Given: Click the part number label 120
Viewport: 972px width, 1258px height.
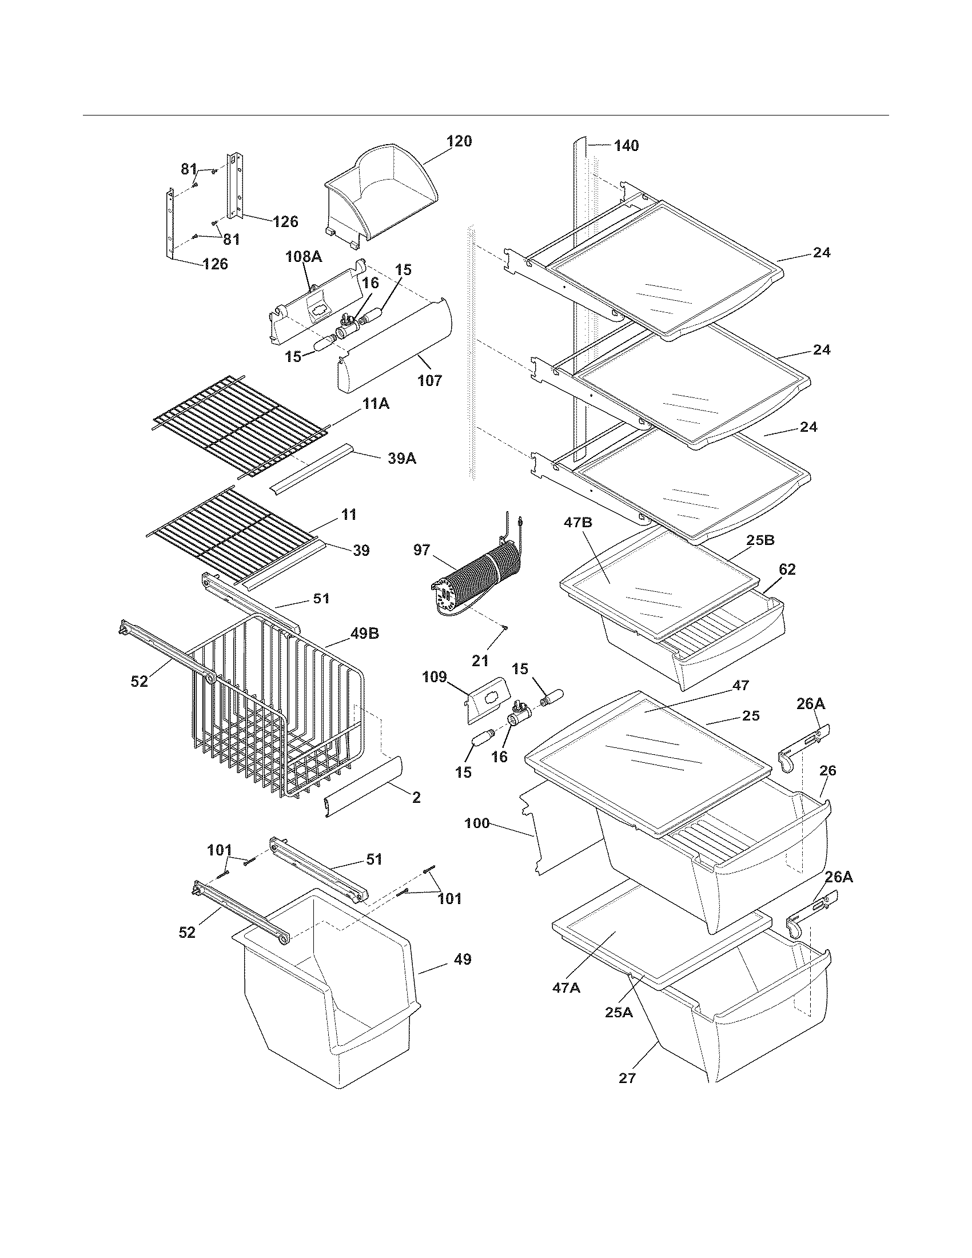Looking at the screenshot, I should [x=459, y=141].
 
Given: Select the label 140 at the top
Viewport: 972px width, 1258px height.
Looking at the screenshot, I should [x=626, y=146].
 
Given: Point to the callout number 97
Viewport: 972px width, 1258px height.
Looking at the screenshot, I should [x=421, y=550].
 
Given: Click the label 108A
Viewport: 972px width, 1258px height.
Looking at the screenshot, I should [x=304, y=257].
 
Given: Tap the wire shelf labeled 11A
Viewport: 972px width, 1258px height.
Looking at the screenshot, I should [x=236, y=426].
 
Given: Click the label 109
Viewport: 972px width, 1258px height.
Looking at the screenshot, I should [x=434, y=677].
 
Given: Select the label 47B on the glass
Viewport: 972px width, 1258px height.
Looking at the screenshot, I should [x=582, y=523].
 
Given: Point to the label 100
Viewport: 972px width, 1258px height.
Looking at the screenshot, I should [x=477, y=823].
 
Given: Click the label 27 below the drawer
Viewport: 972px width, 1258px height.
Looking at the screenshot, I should [x=627, y=1078].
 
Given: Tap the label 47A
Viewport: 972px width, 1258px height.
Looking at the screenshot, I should [x=566, y=989].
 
